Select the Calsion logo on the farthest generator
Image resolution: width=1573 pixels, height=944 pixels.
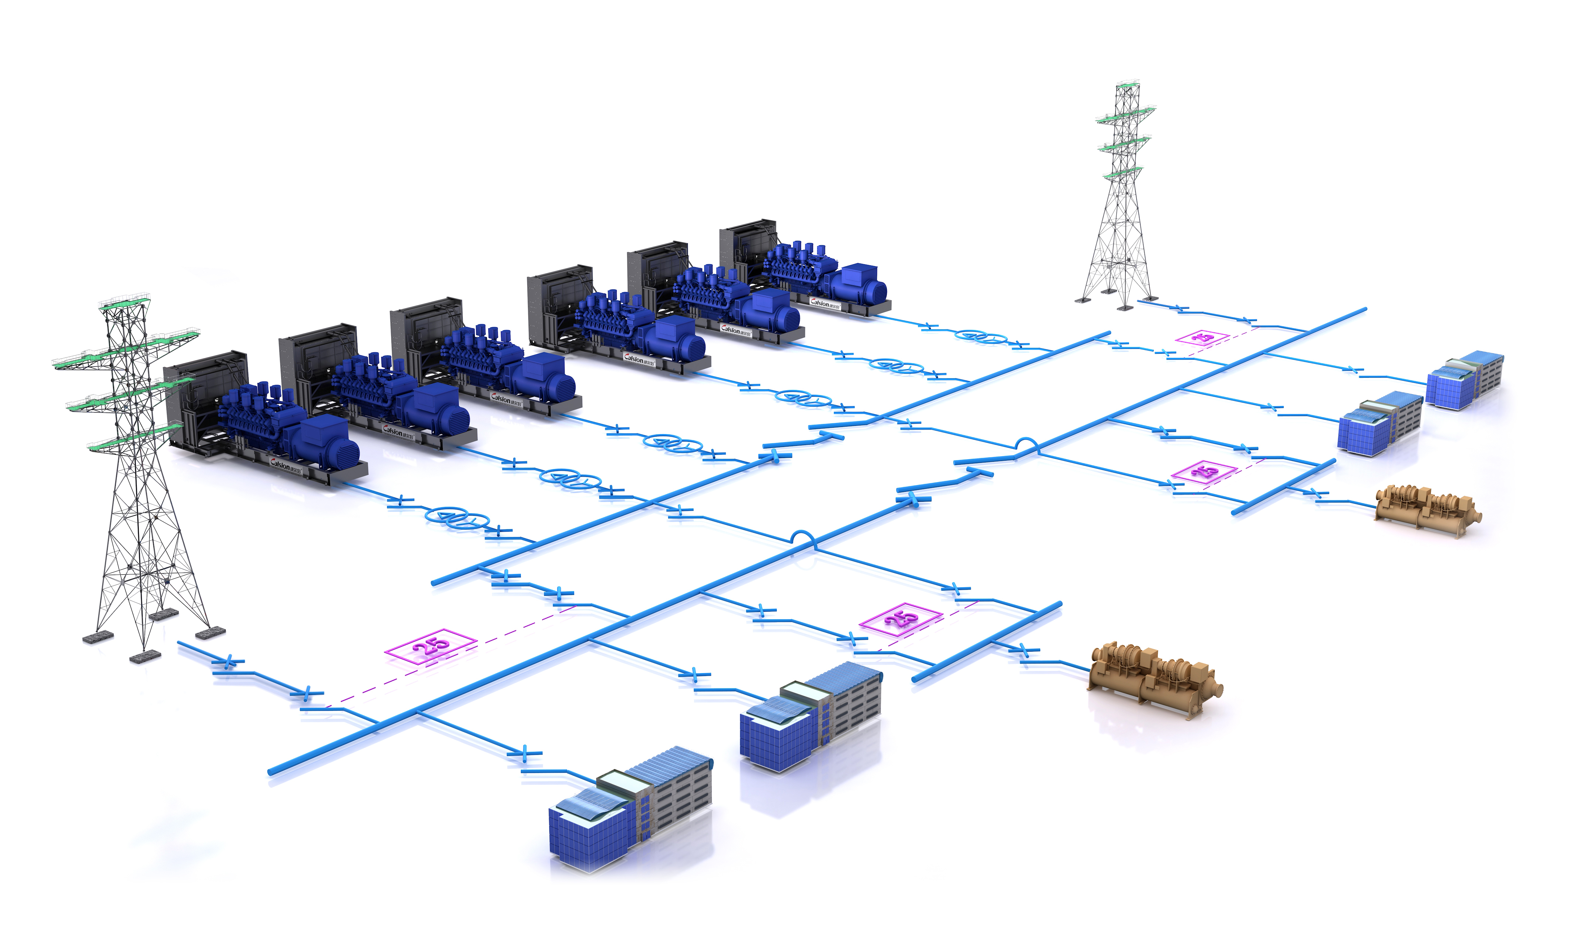[x=824, y=303]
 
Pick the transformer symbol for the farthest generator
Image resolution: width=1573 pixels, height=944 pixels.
[x=982, y=337]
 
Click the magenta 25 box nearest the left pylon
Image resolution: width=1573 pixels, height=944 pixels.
[x=431, y=646]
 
